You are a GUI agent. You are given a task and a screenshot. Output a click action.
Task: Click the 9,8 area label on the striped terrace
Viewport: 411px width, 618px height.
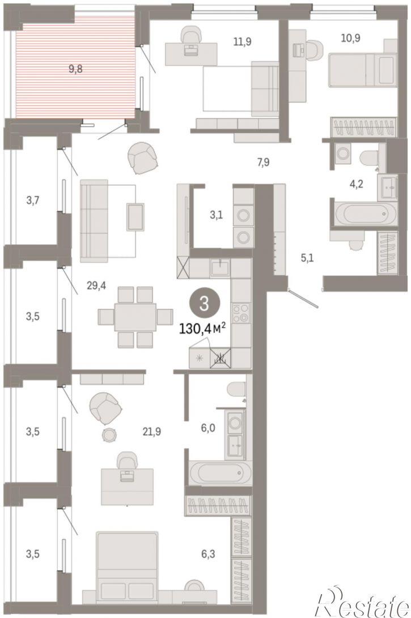(x=75, y=69)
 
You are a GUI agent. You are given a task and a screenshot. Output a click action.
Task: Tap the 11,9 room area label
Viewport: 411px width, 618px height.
(x=242, y=41)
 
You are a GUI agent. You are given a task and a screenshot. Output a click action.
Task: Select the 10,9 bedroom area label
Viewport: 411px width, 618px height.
(x=351, y=38)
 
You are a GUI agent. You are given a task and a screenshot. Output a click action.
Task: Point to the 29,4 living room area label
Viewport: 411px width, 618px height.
(x=96, y=285)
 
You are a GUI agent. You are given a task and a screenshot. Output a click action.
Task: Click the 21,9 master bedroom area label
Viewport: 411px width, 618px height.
(x=152, y=432)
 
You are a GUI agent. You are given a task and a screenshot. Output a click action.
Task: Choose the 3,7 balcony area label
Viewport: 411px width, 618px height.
(x=33, y=201)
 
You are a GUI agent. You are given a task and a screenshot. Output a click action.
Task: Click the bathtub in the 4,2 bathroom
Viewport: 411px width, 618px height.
(x=364, y=214)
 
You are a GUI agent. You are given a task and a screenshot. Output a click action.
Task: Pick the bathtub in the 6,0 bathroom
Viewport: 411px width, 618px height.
(x=219, y=473)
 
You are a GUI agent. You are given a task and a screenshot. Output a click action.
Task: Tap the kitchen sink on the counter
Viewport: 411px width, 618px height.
(x=221, y=267)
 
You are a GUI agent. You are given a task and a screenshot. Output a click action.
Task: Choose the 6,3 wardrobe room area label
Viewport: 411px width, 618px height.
(x=208, y=554)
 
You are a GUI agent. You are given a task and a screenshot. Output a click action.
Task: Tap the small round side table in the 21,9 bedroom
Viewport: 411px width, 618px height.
(x=109, y=434)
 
